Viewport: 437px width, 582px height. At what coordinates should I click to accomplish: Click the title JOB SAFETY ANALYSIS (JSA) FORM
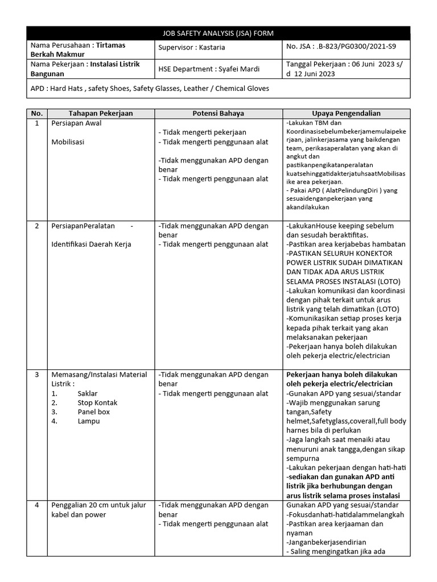[218, 33]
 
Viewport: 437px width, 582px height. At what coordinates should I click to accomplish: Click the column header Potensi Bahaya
[218, 113]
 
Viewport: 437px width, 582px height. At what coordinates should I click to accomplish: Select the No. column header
[37, 113]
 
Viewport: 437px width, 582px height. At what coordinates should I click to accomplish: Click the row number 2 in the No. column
[37, 226]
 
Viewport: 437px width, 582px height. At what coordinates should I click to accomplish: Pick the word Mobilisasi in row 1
[68, 142]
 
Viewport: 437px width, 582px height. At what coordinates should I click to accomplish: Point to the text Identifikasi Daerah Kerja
[91, 244]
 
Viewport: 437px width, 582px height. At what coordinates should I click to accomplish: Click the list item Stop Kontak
[97, 402]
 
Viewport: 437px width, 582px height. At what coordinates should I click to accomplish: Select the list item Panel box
[93, 411]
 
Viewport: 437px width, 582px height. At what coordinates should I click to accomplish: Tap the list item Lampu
[88, 421]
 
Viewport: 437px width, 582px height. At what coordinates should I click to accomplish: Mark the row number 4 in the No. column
[37, 505]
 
